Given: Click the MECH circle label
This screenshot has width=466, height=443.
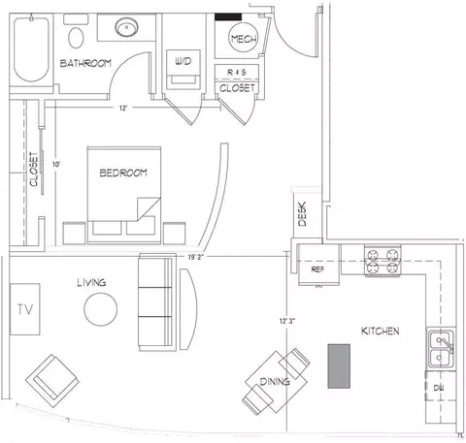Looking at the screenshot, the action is (244, 39).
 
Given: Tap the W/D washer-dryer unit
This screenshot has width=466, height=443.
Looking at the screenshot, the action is (183, 70).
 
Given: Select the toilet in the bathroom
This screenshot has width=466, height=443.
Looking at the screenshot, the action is (76, 32).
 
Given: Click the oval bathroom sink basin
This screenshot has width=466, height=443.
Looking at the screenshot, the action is (127, 27).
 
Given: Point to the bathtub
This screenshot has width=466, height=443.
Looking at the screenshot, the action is (31, 49).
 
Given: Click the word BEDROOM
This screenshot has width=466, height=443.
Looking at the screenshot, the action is (123, 173).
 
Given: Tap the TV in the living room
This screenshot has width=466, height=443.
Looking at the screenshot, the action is (25, 309).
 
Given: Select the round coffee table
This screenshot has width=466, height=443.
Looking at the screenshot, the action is (101, 309).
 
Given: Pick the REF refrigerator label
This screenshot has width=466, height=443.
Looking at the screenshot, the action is (317, 269).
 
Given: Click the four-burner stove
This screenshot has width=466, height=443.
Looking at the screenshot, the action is (383, 260).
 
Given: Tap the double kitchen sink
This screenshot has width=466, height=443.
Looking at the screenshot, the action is (442, 349).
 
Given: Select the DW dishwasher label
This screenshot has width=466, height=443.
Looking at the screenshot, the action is (439, 388).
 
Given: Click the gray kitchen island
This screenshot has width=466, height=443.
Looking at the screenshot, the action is (339, 365).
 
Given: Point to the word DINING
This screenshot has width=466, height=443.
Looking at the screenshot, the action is (275, 382).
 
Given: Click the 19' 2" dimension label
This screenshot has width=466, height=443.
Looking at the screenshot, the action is (196, 257).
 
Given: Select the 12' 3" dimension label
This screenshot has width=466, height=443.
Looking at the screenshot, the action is (287, 321).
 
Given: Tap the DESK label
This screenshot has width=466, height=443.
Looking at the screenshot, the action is (302, 214).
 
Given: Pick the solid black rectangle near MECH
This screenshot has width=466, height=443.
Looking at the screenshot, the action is (228, 16).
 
